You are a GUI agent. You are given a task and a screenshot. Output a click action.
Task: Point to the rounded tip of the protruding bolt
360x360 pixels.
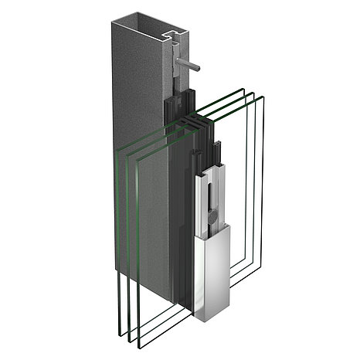(x=202, y=68)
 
